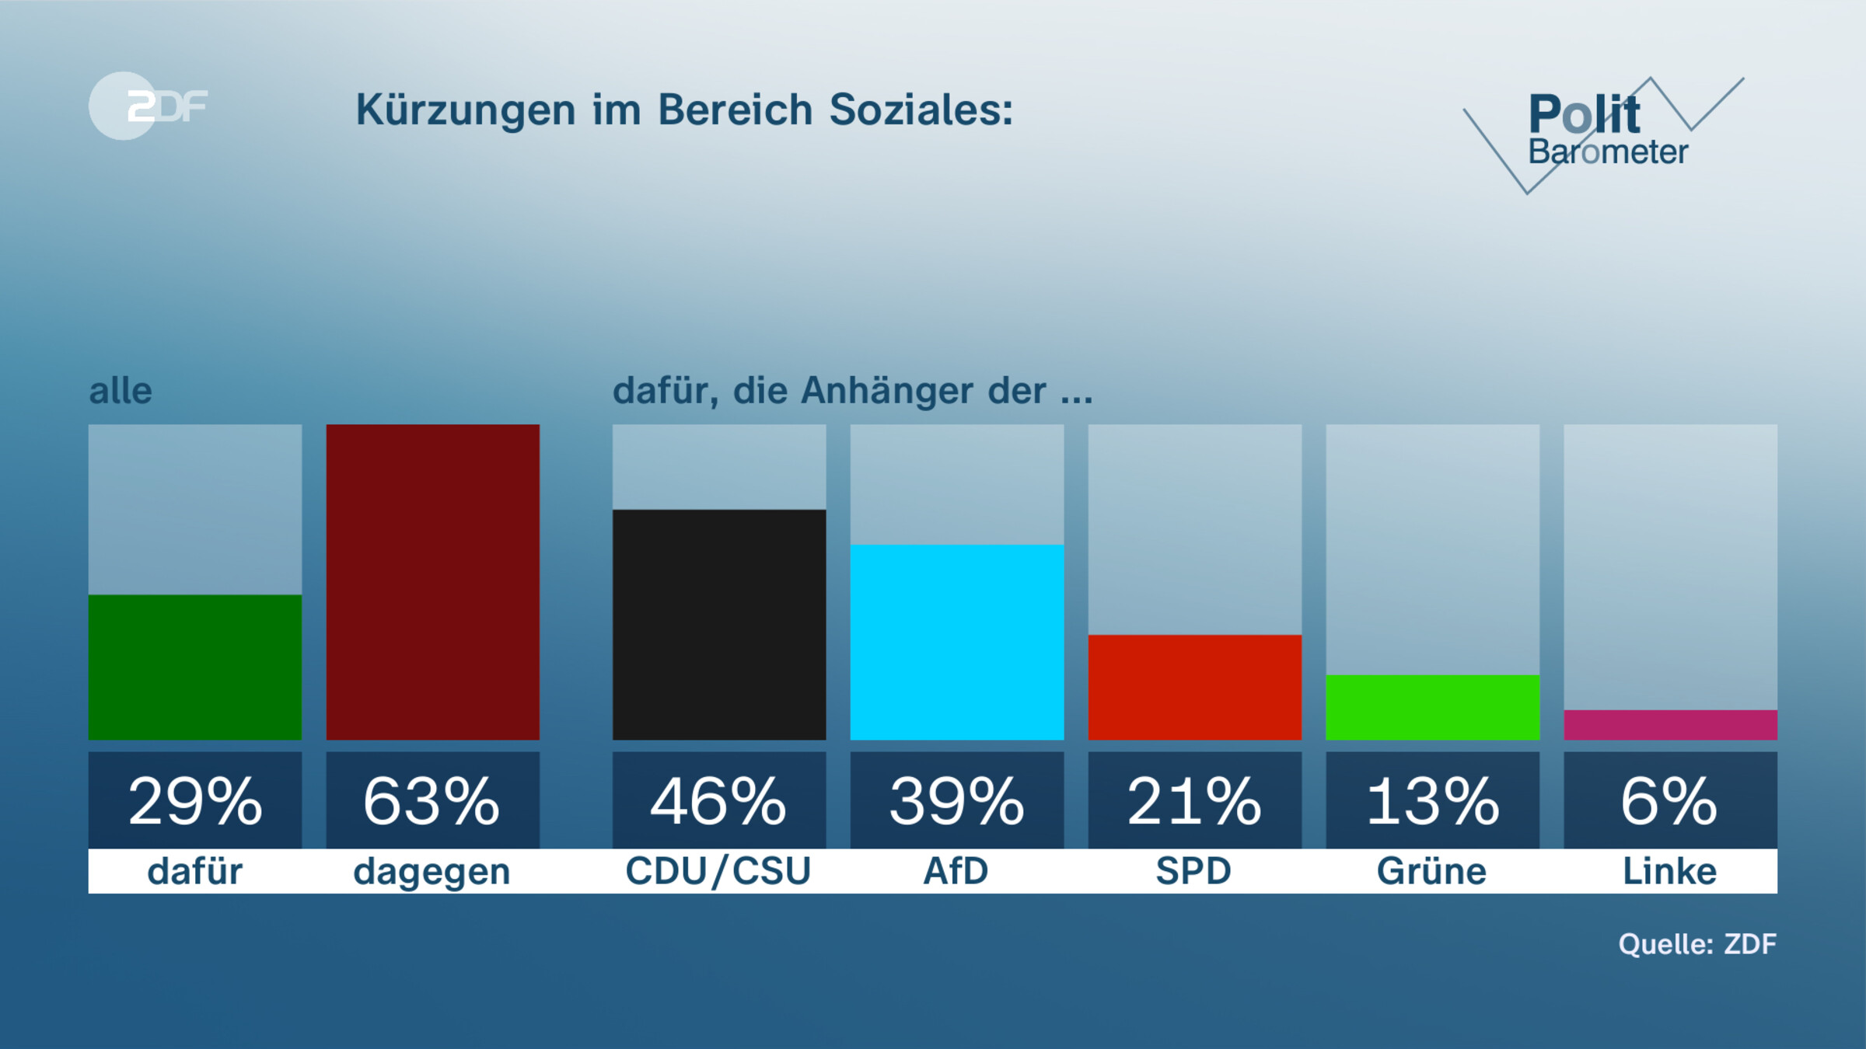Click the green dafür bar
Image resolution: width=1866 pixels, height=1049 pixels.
[x=194, y=667]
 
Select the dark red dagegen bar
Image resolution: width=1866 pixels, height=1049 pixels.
[x=432, y=581]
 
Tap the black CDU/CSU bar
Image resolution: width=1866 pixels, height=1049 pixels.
[x=718, y=624]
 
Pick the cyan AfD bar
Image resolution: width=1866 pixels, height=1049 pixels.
[x=956, y=642]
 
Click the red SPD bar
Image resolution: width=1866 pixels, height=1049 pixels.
[x=1194, y=687]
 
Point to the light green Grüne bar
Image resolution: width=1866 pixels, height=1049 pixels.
[x=1432, y=707]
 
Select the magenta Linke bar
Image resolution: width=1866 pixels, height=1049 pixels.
[x=1670, y=724]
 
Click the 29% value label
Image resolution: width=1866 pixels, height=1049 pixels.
[x=194, y=800]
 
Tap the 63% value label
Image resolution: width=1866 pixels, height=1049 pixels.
[x=432, y=800]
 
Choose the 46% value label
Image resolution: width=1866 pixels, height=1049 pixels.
[x=718, y=800]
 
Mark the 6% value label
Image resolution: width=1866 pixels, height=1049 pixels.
[x=1670, y=800]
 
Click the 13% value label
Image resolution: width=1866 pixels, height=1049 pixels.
[x=1432, y=800]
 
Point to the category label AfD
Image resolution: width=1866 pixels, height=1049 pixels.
[x=956, y=871]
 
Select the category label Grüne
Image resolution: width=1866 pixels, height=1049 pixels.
[x=1432, y=871]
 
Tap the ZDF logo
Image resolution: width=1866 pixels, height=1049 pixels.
[x=148, y=106]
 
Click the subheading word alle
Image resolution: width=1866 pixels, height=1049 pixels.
[x=121, y=391]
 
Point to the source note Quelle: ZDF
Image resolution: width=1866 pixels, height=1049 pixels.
[x=1697, y=943]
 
